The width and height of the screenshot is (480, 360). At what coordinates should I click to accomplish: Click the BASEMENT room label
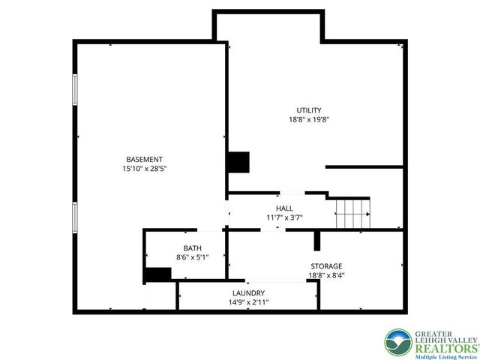click(x=145, y=159)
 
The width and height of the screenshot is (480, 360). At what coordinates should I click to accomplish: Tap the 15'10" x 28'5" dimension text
click(x=145, y=169)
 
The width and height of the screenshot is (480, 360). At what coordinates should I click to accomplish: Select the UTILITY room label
click(x=309, y=110)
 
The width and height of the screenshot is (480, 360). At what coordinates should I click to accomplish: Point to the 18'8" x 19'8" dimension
click(x=309, y=119)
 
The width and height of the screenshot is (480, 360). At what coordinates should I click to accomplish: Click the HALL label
click(x=284, y=208)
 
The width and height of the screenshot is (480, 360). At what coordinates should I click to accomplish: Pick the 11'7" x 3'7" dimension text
click(x=284, y=217)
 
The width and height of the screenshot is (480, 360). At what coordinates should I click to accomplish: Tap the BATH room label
click(x=193, y=248)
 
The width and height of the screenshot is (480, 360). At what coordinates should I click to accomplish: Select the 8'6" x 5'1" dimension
click(x=193, y=257)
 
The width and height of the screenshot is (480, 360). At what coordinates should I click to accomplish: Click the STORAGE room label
click(x=326, y=266)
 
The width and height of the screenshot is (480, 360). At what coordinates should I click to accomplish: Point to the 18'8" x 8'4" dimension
click(x=326, y=275)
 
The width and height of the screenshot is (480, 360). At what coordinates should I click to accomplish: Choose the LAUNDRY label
click(x=248, y=293)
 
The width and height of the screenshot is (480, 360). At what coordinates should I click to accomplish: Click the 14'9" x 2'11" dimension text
click(x=248, y=302)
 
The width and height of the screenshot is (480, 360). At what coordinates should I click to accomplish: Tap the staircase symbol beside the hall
click(x=352, y=214)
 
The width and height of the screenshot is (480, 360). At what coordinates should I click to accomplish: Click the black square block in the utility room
click(x=238, y=162)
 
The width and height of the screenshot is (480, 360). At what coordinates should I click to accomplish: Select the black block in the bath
click(x=158, y=275)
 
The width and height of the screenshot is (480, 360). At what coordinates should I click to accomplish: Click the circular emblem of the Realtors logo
click(x=398, y=343)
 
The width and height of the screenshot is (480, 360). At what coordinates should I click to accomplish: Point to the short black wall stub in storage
click(x=317, y=240)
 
